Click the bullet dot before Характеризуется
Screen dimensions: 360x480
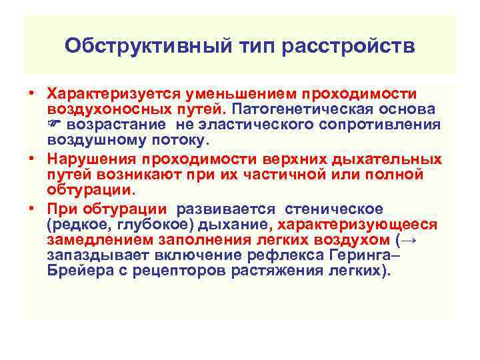coord(31,93)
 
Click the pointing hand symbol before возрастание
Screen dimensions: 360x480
coord(55,125)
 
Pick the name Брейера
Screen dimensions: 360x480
coord(75,271)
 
